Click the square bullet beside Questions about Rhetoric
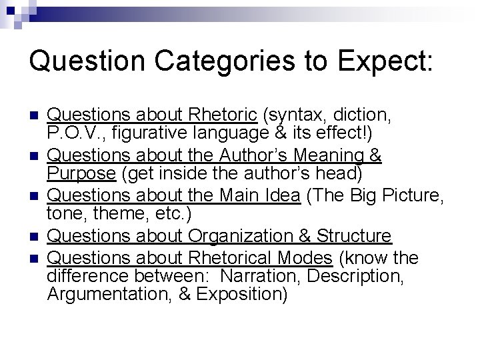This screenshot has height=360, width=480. coord(34,115)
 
